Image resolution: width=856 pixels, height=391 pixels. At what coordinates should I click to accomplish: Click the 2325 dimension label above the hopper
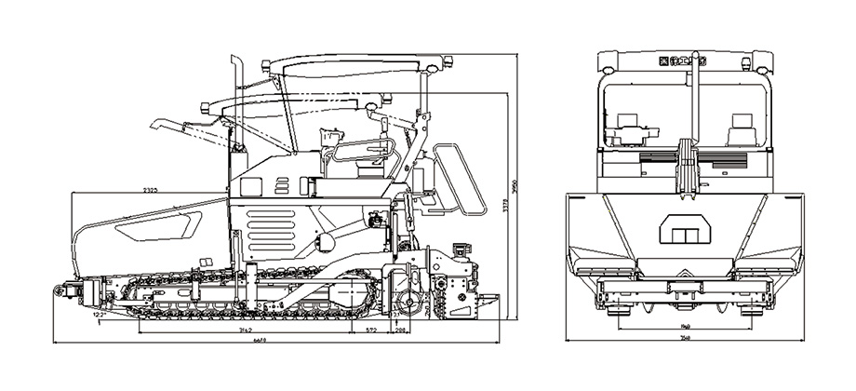(x=150, y=190)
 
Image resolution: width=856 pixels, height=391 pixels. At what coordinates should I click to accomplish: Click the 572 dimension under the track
(x=371, y=330)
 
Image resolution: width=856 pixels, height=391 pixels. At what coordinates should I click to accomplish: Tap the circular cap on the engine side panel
(x=327, y=241)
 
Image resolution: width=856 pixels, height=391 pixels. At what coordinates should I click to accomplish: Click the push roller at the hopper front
(x=71, y=291)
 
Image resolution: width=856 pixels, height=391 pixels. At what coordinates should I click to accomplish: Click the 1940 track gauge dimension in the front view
(x=687, y=325)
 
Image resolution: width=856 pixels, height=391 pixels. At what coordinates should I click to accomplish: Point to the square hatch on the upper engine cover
(x=251, y=185)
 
